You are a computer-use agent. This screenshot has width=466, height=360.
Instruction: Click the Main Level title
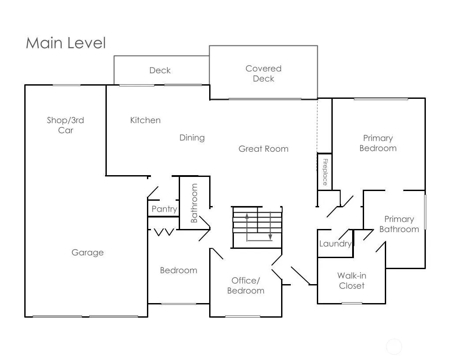pyautogui.click(x=66, y=43)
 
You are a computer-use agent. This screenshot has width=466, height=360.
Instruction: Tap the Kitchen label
pyautogui.click(x=145, y=120)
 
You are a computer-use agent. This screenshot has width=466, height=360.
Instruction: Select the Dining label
pyautogui.click(x=192, y=138)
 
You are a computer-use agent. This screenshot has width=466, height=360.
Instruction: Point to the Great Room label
pyautogui.click(x=263, y=149)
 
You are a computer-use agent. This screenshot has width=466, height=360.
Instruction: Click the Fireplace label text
pyautogui.click(x=325, y=172)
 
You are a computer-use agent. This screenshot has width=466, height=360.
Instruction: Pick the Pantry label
pyautogui.click(x=164, y=209)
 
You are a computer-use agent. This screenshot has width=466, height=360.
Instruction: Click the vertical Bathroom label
pyautogui.click(x=194, y=203)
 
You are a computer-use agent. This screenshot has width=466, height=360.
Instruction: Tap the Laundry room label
pyautogui.click(x=335, y=244)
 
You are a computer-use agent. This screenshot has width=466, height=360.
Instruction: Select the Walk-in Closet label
pyautogui.click(x=352, y=281)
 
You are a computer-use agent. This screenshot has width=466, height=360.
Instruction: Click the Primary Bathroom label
pyautogui.click(x=399, y=224)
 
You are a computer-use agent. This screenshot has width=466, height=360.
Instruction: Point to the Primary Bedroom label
pyautogui.click(x=378, y=143)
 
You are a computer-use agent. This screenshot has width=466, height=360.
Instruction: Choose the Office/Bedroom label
pyautogui.click(x=246, y=285)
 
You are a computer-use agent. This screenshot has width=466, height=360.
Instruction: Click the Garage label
pyautogui.click(x=88, y=253)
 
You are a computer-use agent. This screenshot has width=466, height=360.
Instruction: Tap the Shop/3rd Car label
pyautogui.click(x=65, y=125)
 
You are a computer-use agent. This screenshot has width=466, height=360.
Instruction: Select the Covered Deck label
pyautogui.click(x=263, y=74)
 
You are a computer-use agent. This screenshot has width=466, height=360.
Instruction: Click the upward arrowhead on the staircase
pyautogui.click(x=247, y=216)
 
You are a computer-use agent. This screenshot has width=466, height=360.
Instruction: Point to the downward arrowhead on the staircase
pyautogui.click(x=270, y=237)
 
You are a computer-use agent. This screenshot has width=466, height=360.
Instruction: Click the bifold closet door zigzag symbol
pyautogui.click(x=164, y=232)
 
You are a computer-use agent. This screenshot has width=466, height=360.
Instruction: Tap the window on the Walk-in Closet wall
pyautogui.click(x=352, y=303)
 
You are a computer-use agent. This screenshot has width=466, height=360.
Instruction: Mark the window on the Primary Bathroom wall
pyautogui.click(x=425, y=212)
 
